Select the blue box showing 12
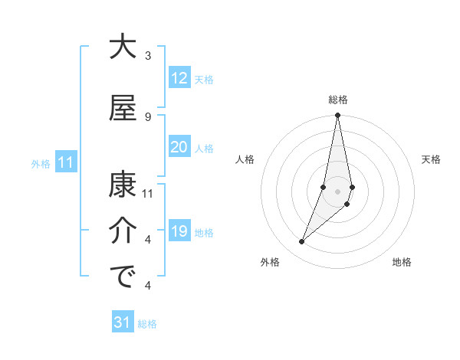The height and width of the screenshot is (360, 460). click(179, 78)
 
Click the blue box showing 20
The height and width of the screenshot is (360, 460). click(179, 147)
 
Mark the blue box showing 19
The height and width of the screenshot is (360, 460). click(179, 231)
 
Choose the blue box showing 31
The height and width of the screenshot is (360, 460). click(123, 323)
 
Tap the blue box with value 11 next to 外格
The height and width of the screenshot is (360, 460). click(66, 162)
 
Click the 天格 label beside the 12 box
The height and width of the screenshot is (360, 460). click(204, 79)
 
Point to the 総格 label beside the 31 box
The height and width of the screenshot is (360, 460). click(147, 324)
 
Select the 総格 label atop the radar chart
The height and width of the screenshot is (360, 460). click(338, 100)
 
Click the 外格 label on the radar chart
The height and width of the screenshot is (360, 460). click(270, 263)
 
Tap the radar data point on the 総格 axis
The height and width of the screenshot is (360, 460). click(338, 116)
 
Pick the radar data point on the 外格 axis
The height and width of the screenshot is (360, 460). click(301, 242)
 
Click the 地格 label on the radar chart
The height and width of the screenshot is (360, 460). click(402, 263)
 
